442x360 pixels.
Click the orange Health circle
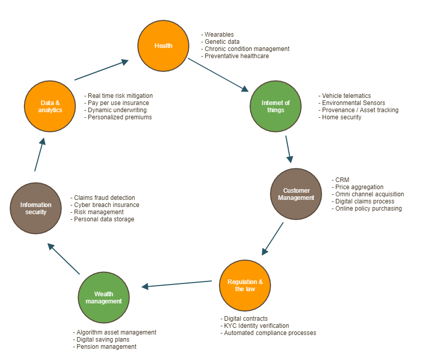(x=163, y=46)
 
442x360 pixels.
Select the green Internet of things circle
(x=276, y=106)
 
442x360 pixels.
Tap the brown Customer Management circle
(x=296, y=194)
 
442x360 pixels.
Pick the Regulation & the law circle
(x=245, y=285)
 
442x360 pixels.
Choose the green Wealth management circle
(x=104, y=297)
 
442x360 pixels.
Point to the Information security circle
(x=36, y=208)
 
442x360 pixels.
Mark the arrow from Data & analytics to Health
(x=101, y=70)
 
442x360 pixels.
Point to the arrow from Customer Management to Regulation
(x=273, y=238)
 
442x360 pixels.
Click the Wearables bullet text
(x=219, y=35)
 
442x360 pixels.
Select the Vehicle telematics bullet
(x=346, y=96)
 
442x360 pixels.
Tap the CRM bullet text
(x=342, y=180)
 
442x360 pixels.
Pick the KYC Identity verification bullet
(x=256, y=326)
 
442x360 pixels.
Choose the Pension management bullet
(x=105, y=347)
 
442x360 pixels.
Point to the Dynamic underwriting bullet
(x=117, y=110)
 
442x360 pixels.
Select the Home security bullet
(x=341, y=117)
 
